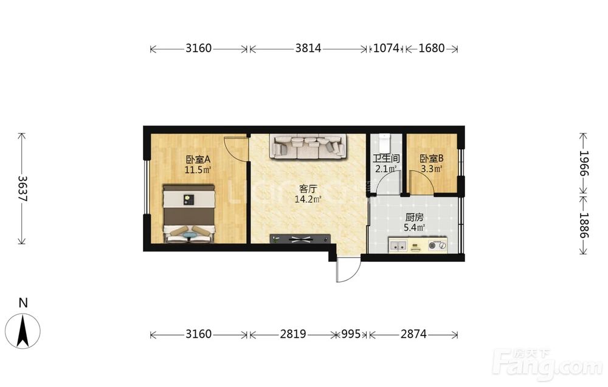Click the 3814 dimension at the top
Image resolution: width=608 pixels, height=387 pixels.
[308, 48]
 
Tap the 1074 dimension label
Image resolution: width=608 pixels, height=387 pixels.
[386, 48]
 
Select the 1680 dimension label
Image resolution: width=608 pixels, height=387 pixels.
[432, 48]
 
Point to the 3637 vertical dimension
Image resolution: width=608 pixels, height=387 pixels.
[22, 189]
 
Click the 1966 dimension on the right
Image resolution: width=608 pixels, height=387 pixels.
[584, 163]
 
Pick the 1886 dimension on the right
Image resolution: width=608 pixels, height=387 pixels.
[584, 225]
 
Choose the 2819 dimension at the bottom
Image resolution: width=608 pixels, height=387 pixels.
[293, 334]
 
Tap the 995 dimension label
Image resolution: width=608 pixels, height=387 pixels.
[351, 334]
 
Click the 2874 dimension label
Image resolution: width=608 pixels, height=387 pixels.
[413, 334]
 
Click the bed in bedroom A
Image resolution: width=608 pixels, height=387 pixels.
[189, 213]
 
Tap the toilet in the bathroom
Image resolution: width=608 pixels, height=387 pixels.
[384, 143]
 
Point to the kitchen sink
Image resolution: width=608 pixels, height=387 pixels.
[398, 245]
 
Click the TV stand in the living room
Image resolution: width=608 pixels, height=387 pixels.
[300, 239]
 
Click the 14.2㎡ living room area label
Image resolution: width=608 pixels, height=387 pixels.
[308, 199]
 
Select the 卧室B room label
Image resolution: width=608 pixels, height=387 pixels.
[432, 159]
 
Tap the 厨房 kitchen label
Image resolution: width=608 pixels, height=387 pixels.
[414, 217]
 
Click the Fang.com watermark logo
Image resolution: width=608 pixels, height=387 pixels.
[548, 364]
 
